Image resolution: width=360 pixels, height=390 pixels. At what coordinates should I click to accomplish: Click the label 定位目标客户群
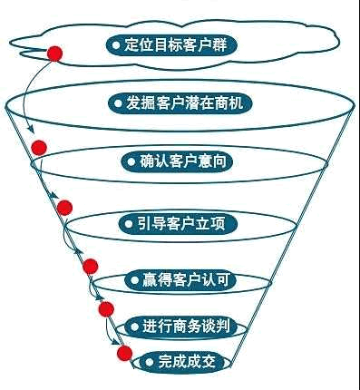171,45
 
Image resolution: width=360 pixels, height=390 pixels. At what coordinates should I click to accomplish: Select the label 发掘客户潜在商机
180,103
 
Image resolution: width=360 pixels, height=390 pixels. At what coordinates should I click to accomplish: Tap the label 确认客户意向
177,161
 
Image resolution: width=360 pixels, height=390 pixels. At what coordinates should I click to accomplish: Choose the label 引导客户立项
177,224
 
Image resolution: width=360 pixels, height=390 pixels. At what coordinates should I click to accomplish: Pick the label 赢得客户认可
180,280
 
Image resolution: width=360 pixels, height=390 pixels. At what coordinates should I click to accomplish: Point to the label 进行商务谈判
180,327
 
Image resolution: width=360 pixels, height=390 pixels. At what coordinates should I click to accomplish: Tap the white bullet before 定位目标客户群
116,45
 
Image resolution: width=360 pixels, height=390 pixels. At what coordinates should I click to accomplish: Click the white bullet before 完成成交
150,362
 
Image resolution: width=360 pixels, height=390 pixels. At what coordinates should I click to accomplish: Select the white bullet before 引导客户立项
129,224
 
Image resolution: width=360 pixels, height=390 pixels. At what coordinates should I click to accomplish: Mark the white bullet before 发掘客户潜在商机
118,103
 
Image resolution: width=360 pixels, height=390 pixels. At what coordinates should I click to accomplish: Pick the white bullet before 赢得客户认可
134,280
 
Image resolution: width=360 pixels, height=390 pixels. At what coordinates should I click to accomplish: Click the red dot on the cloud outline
54,54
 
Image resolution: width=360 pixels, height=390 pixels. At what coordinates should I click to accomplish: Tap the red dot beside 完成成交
124,354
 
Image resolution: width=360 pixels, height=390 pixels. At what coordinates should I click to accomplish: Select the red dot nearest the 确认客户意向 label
39,148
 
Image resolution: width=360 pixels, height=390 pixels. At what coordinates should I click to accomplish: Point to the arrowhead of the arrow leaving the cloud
32,129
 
